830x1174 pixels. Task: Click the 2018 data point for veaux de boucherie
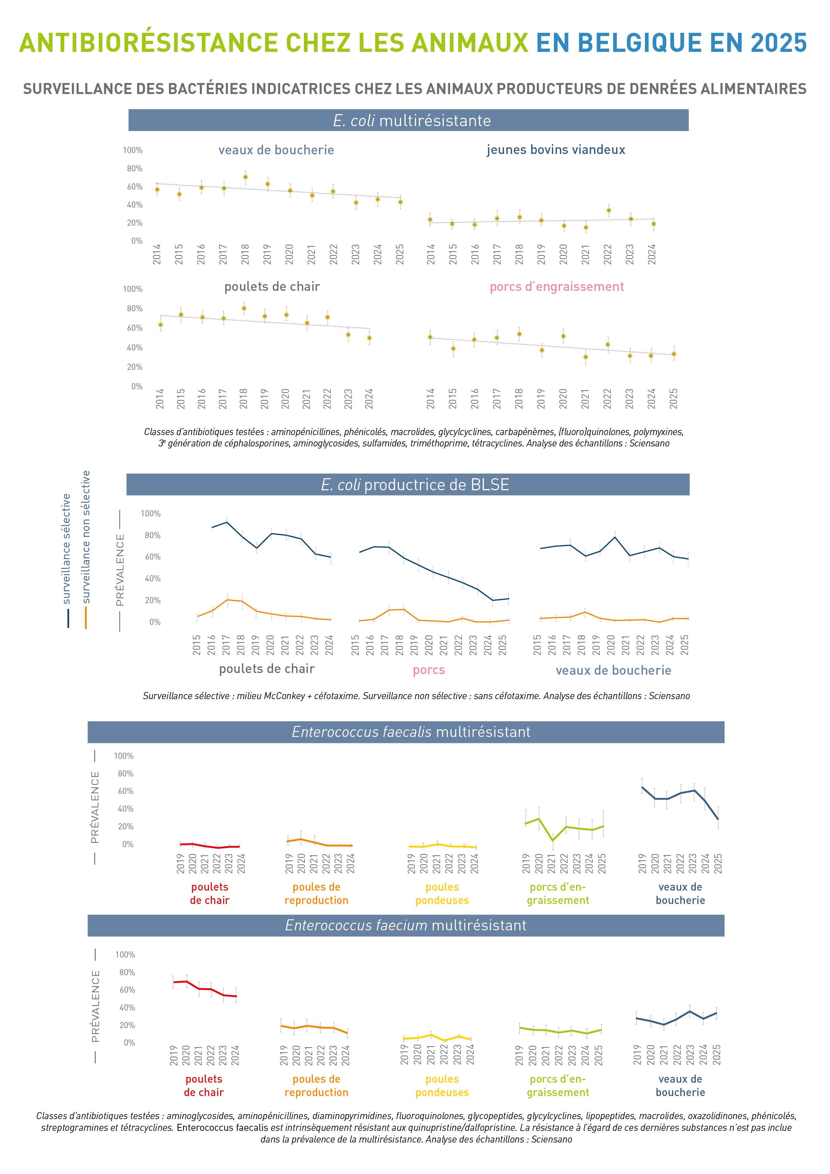pos(245,177)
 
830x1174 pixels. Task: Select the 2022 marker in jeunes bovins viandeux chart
pos(608,211)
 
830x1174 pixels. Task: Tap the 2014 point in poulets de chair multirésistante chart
pos(161,325)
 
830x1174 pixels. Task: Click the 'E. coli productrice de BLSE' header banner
pos(408,484)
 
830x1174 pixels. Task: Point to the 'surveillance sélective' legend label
pos(67,549)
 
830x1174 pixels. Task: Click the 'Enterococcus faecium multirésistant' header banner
pos(406,925)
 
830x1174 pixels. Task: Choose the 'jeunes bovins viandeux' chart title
pos(556,150)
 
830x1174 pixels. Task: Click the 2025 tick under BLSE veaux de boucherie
pos(685,645)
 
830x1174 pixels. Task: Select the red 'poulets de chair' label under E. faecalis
pos(210,893)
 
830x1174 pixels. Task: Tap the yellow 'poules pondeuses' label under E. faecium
pos(442,1086)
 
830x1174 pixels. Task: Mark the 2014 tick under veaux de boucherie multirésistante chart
pos(157,254)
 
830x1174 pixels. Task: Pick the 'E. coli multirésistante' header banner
pos(408,120)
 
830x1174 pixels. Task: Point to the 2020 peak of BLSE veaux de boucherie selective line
pos(615,537)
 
